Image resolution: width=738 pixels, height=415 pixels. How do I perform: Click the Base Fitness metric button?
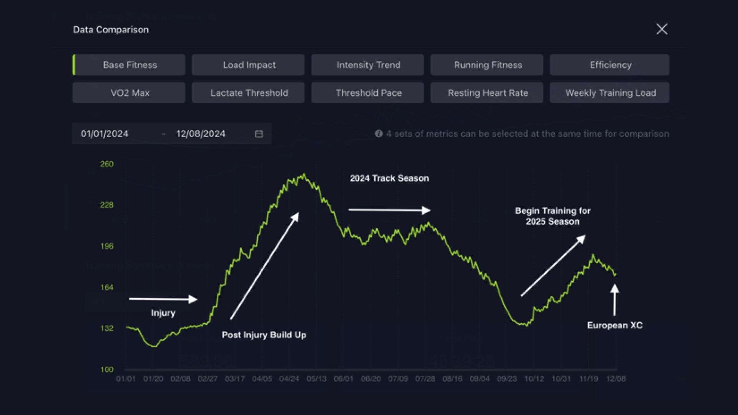tap(129, 65)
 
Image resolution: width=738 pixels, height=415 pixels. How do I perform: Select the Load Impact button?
tap(248, 65)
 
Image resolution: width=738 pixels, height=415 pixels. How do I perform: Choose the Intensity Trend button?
tap(367, 65)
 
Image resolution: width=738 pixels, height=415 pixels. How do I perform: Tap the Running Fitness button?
tap(487, 65)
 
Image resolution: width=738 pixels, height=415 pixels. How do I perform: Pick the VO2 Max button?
tap(129, 93)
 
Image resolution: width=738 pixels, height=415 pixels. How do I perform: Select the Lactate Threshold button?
tap(248, 93)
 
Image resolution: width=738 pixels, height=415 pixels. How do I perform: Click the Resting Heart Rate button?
tap(487, 93)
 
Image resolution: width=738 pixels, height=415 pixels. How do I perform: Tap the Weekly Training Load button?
tap(610, 93)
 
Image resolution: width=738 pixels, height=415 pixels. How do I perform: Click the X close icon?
tap(662, 29)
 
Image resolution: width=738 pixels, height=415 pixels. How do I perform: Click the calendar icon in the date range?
tap(259, 134)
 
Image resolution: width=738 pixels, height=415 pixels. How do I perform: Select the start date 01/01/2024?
tap(105, 134)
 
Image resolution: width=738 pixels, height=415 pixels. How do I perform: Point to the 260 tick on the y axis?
tap(107, 164)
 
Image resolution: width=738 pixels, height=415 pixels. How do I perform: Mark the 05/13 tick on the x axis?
tap(316, 379)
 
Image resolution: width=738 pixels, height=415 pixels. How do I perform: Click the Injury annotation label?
tap(163, 313)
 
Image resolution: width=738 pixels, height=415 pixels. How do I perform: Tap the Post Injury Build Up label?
tap(264, 335)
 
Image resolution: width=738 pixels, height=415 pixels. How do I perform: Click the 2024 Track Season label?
tap(389, 178)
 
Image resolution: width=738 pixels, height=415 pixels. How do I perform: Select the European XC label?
tap(615, 325)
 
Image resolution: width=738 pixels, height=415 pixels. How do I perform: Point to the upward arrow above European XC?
tap(615, 300)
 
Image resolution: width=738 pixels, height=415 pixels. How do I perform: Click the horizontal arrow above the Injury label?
tap(163, 299)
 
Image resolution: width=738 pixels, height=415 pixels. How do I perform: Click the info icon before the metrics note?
tap(379, 134)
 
